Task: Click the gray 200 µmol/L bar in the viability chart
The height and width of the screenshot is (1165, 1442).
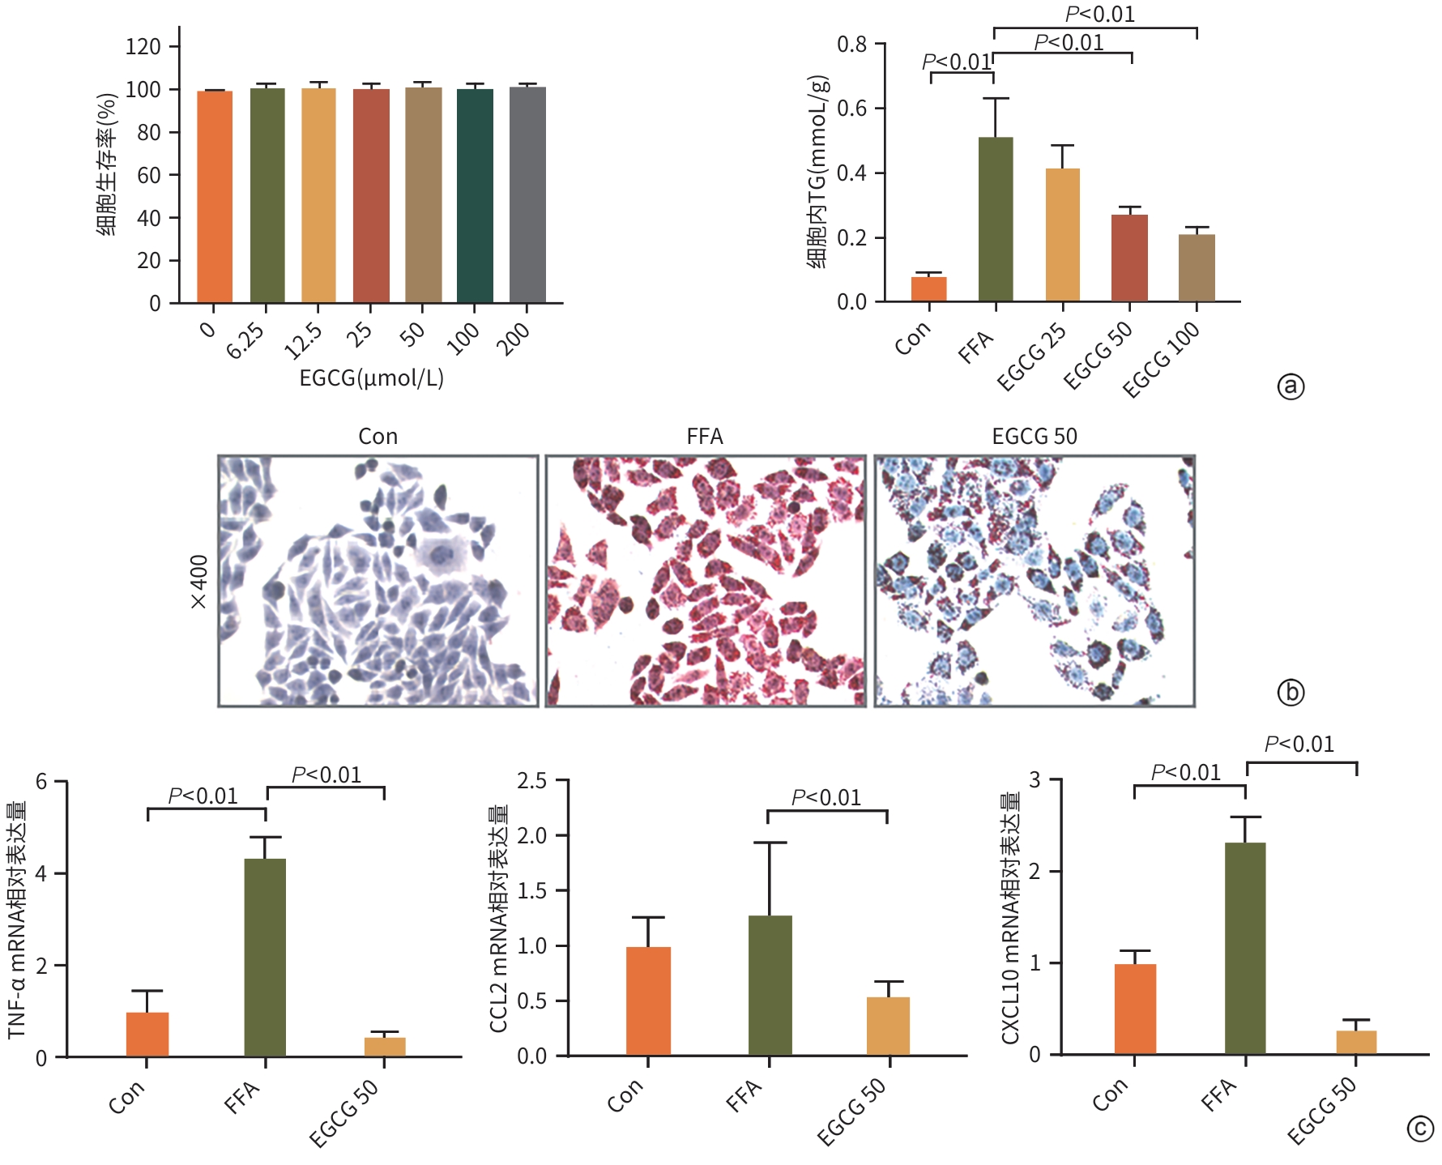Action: click(x=527, y=194)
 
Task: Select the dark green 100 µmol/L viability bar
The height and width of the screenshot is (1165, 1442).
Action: click(x=475, y=195)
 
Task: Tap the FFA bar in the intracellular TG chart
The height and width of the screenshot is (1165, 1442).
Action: click(x=996, y=220)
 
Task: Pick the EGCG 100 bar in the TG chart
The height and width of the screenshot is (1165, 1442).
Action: click(x=1197, y=268)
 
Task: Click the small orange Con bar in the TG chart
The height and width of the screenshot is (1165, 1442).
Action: click(x=928, y=289)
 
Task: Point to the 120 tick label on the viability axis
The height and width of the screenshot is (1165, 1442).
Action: click(x=143, y=47)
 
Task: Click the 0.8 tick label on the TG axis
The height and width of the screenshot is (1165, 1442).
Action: click(x=852, y=45)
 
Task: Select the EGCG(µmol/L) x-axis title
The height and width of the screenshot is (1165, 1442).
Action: click(x=372, y=378)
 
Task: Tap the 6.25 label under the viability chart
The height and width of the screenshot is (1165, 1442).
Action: click(x=245, y=341)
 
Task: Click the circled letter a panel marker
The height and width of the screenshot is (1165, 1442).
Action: click(x=1291, y=386)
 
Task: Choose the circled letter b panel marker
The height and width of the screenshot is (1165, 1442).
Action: click(x=1291, y=692)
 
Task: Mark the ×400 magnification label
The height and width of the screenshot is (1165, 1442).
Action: click(x=198, y=582)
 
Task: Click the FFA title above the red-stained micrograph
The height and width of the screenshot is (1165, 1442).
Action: click(x=705, y=437)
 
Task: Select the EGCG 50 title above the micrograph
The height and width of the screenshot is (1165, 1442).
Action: click(x=1035, y=437)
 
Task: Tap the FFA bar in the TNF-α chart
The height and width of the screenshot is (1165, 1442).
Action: click(x=265, y=958)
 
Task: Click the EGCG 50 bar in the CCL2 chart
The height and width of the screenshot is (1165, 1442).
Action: click(x=888, y=1026)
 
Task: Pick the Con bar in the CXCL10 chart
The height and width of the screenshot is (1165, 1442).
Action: click(x=1135, y=1009)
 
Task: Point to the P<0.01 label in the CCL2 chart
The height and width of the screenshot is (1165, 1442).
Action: click(x=826, y=798)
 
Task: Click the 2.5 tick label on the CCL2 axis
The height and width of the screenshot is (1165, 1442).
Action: click(x=532, y=781)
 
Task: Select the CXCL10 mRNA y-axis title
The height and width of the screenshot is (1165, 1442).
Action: click(x=1010, y=917)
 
